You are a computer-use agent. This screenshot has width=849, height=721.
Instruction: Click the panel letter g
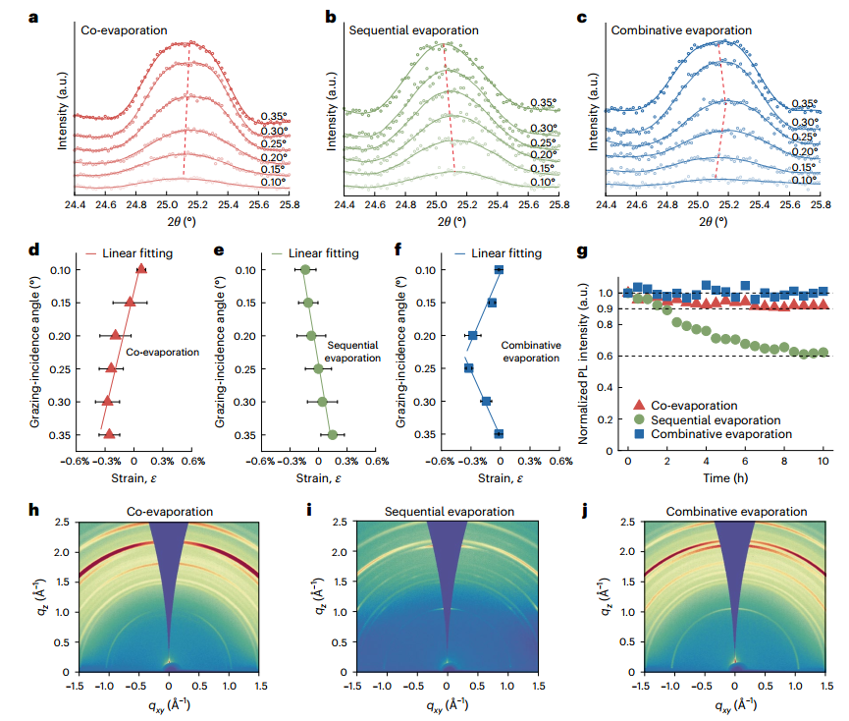tap(582, 252)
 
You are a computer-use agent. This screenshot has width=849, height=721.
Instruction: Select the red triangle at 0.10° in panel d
tap(141, 269)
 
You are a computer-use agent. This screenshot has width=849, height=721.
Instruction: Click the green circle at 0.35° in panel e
tap(333, 434)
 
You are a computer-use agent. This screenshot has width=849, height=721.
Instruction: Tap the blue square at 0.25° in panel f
tap(469, 368)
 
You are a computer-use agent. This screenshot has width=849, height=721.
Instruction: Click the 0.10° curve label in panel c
tap(804, 181)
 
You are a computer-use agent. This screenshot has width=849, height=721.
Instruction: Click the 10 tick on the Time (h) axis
tap(823, 462)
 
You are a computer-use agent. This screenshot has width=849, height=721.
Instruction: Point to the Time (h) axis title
tap(725, 478)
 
